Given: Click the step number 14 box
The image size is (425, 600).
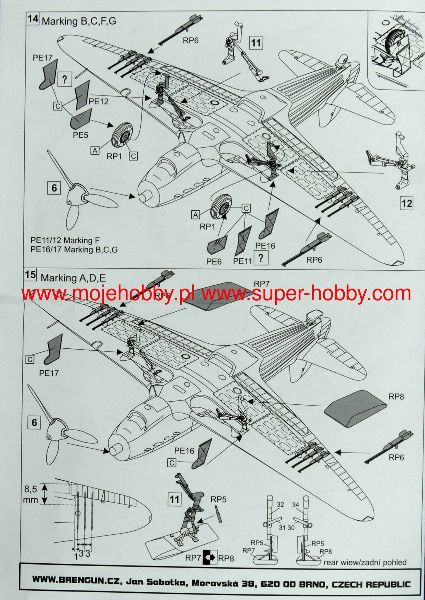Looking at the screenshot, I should pyautogui.click(x=33, y=19).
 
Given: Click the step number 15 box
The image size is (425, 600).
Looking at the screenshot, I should pyautogui.click(x=30, y=275).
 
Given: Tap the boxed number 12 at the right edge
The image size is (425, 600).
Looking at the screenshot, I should pyautogui.click(x=407, y=203).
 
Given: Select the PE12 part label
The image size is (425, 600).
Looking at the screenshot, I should pyautogui.click(x=98, y=102).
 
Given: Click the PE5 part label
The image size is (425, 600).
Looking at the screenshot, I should pyautogui.click(x=80, y=135).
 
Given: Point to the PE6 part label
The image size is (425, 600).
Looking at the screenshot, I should pyautogui.click(x=214, y=262).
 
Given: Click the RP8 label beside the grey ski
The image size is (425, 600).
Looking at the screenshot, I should pyautogui.click(x=396, y=397).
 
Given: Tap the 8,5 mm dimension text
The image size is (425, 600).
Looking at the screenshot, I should pyautogui.click(x=31, y=494).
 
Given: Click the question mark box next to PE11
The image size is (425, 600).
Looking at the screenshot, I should pyautogui.click(x=261, y=258).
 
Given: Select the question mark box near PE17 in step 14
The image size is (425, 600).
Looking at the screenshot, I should pyautogui.click(x=65, y=79).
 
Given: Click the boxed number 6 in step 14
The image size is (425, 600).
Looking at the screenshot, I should pyautogui.click(x=54, y=188).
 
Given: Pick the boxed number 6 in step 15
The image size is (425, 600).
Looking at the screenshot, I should pyautogui.click(x=34, y=423).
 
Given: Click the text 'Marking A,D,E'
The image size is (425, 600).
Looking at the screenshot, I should pyautogui.click(x=73, y=278).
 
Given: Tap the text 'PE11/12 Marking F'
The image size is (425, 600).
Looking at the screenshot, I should pyautogui.click(x=65, y=241).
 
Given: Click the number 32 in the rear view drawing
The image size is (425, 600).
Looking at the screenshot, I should pyautogui.click(x=280, y=504).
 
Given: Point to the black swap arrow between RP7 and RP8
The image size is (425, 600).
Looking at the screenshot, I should pyautogui.click(x=209, y=558).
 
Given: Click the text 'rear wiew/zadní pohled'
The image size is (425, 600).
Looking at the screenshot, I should pyautogui.click(x=365, y=562).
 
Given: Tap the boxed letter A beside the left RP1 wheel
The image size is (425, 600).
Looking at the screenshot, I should pyautogui.click(x=95, y=151).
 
